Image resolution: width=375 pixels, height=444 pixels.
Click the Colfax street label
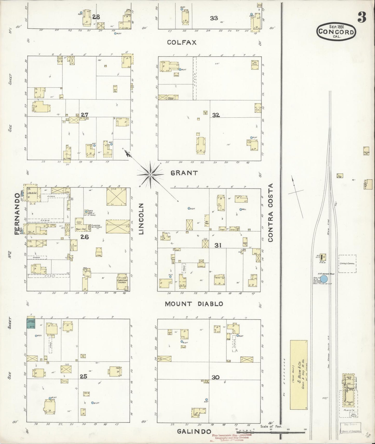pos(182,42)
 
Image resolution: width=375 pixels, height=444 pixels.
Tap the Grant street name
pos(184,173)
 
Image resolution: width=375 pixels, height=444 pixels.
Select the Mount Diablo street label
pos(194,304)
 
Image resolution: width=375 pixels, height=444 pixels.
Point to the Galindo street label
pos(194,431)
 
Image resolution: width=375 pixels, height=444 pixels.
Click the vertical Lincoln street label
pos(141,219)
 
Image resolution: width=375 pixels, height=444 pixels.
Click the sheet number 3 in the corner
pos(362,17)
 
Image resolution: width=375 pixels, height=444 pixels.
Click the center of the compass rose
pos(150,175)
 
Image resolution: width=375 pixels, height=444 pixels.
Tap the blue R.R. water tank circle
pos(324,279)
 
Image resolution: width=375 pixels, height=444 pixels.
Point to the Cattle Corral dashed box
pos(347,264)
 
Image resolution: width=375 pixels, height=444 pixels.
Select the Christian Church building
pos(122,282)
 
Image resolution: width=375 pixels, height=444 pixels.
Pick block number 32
pos(216,115)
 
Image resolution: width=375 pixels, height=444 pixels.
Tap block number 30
pos(215,377)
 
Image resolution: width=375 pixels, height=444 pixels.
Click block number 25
pos(83,376)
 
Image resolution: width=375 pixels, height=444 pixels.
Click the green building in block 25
pos(31,324)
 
